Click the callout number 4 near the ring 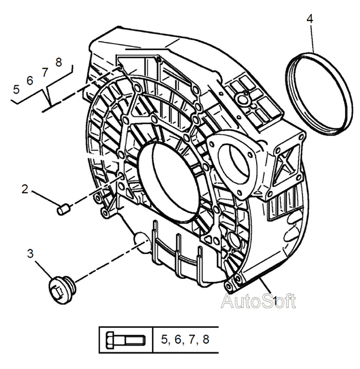(x=310, y=19)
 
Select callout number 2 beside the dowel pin (x=25, y=189)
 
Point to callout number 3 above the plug (x=30, y=253)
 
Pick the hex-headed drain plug (x=62, y=290)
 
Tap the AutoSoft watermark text (x=258, y=301)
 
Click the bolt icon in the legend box (x=125, y=340)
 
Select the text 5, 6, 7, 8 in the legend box (x=185, y=340)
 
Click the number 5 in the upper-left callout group (x=16, y=89)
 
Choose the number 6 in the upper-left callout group (x=30, y=81)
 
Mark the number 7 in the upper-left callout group (x=45, y=72)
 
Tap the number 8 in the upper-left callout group (x=59, y=62)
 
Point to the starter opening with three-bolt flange (x=233, y=165)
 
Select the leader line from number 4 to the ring (x=312, y=38)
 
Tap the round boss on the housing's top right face (x=242, y=98)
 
